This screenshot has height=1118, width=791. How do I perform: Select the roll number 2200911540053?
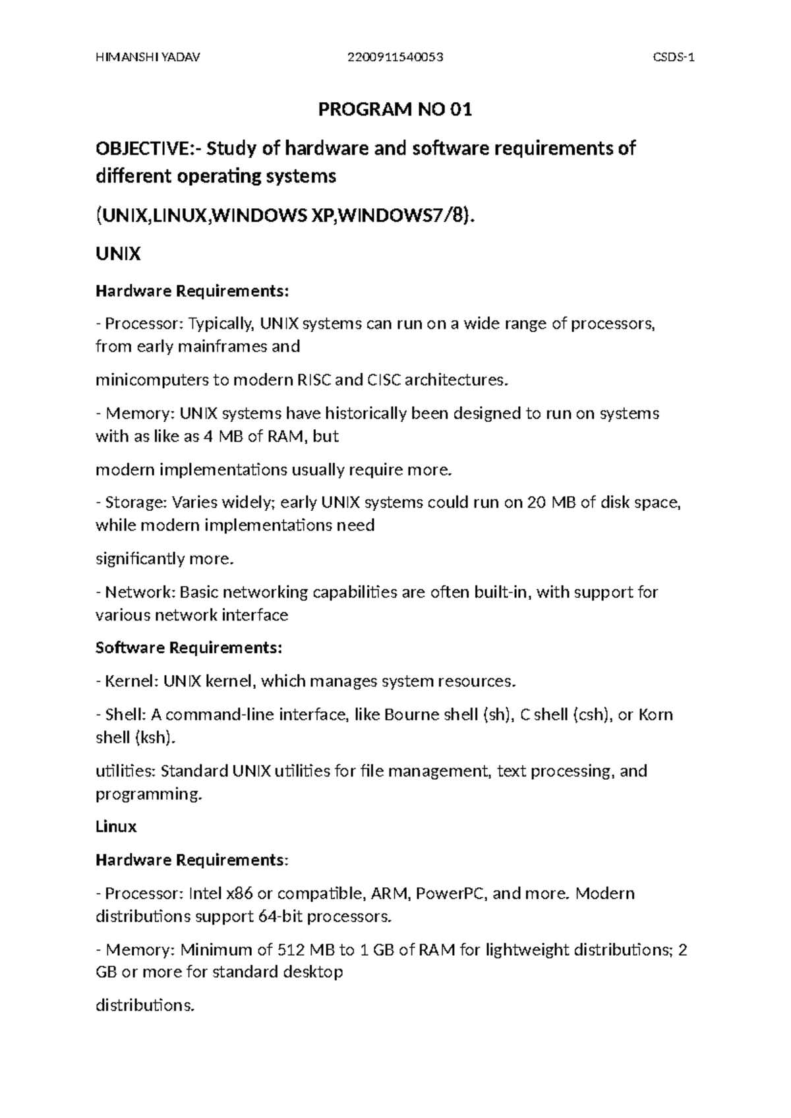pos(395,57)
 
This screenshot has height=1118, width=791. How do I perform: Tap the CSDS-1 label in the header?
pos(674,57)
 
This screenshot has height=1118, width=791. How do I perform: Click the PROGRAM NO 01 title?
pos(395,109)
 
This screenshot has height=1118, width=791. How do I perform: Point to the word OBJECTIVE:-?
pos(149,148)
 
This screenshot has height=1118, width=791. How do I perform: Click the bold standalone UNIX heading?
pos(118,254)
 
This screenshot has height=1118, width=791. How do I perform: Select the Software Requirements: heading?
pos(189,648)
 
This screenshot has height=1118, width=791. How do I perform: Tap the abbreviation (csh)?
pos(590,715)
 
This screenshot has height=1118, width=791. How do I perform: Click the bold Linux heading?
pos(116,827)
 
